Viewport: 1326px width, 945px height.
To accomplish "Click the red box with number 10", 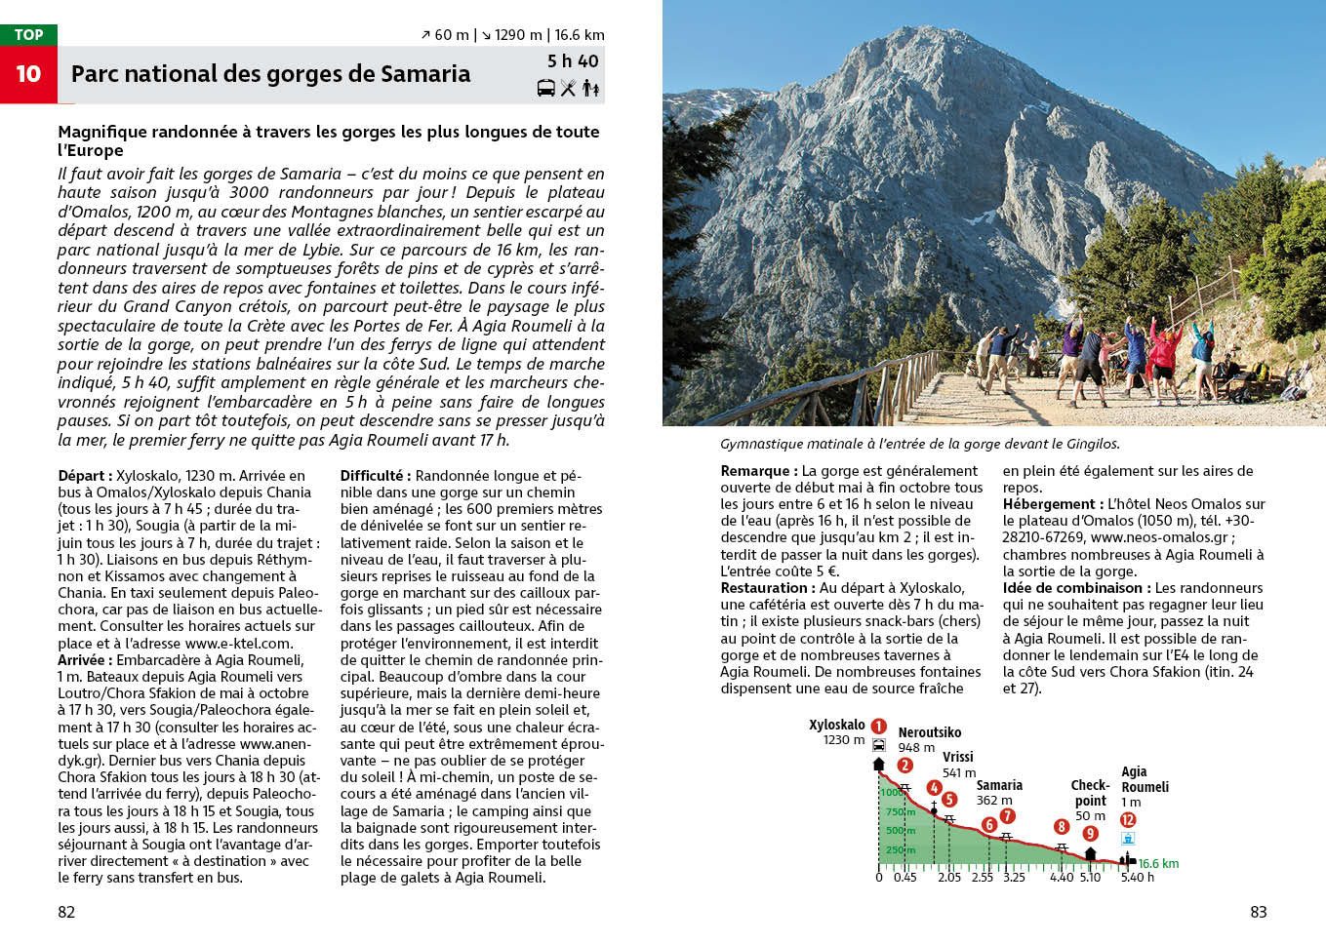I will click(28, 74).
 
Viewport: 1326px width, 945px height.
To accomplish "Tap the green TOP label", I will click(28, 34).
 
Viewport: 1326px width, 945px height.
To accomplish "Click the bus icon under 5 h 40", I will click(546, 88).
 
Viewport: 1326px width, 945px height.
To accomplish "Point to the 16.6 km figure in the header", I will click(580, 35).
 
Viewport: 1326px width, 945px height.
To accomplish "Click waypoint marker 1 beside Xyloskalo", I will click(878, 726).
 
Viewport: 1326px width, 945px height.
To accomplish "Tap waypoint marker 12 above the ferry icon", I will click(1128, 819).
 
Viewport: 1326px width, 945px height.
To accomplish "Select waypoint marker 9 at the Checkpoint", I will click(1090, 834).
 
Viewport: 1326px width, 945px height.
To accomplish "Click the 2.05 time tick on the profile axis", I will click(949, 877).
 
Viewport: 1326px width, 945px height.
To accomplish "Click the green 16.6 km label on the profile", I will click(1158, 863).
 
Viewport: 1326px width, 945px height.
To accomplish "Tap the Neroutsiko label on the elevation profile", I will click(929, 732).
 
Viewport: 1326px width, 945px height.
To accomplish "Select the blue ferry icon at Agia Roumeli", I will click(1128, 839).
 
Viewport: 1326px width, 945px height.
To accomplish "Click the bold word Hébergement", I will click(1048, 504).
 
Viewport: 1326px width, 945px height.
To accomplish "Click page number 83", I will click(1258, 912).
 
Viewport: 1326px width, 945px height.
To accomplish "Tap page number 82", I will click(66, 912).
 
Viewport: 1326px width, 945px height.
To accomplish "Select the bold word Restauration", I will click(764, 588).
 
